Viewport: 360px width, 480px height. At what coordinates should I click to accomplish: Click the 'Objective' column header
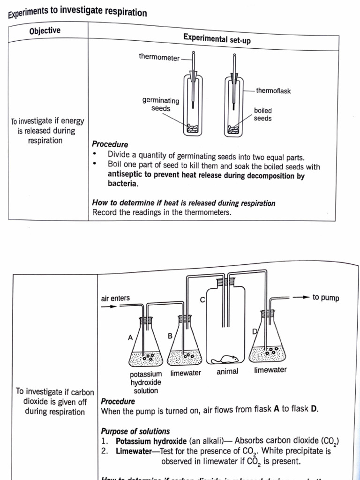pos(45,31)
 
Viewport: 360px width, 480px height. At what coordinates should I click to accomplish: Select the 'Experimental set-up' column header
pos(217,39)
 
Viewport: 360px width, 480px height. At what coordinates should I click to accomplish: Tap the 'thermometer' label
pos(159,57)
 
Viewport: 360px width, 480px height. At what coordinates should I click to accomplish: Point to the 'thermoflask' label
pos(273,91)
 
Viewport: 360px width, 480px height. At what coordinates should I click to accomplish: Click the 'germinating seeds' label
pos(161,105)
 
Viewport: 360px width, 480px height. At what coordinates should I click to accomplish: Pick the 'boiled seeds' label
pos(262,114)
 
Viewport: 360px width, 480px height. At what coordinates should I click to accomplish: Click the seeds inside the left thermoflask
pos(193,127)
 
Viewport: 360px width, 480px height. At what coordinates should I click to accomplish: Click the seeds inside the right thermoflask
pos(233,128)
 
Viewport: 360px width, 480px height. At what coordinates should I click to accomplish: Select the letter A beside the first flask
pos(130,337)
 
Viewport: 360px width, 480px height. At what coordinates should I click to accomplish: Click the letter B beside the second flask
pos(170,336)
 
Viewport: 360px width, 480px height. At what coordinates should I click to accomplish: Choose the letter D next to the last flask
pos(255,331)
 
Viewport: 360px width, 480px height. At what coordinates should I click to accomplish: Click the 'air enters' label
pos(115,298)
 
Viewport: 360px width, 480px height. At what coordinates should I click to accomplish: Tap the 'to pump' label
pos(326,298)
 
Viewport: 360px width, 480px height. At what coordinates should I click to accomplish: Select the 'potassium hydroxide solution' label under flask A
pos(146,382)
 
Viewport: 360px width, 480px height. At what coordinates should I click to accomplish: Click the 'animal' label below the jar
pos(227,372)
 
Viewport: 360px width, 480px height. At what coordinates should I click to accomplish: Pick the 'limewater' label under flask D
pos(270,370)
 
